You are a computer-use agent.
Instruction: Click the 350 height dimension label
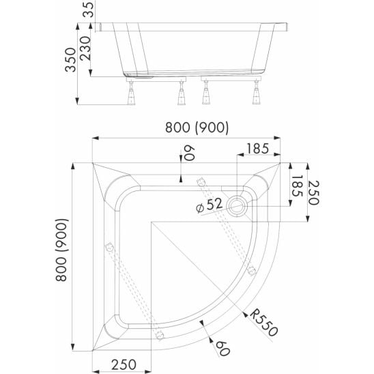click(x=70, y=59)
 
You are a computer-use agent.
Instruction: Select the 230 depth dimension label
click(x=85, y=48)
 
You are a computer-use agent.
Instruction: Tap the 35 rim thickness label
click(x=88, y=10)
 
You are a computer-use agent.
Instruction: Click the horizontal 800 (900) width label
click(x=197, y=127)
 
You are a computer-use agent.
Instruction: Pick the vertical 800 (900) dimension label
click(x=62, y=250)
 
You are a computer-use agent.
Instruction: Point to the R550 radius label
click(x=264, y=323)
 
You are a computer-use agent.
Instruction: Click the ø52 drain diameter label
click(x=210, y=205)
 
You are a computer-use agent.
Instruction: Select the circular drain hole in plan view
click(x=237, y=206)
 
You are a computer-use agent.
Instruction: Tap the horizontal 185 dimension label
click(x=257, y=149)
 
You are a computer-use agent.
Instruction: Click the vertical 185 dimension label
click(x=297, y=186)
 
